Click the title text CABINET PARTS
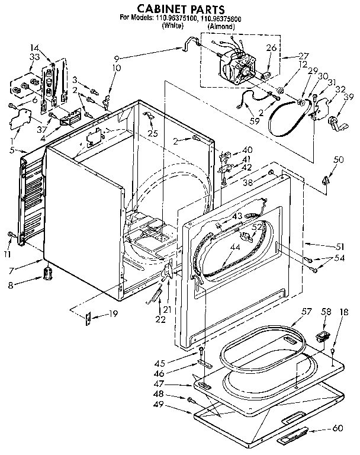(172, 9)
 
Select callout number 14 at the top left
(35, 48)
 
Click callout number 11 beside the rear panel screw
(7, 254)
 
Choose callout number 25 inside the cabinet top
(153, 134)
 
